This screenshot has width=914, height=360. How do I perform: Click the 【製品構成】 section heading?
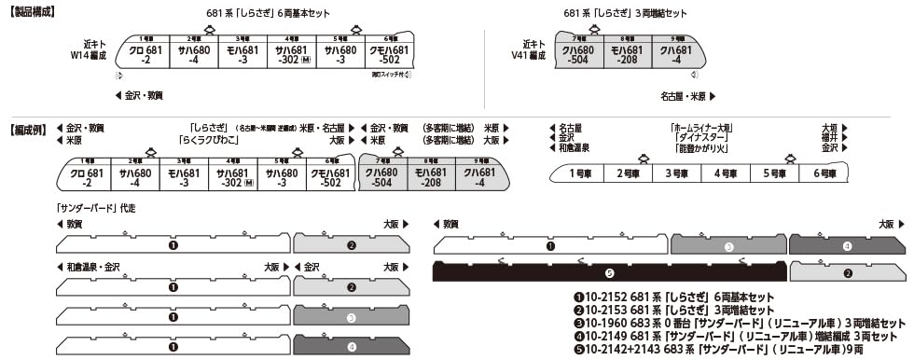pyautogui.click(x=32, y=12)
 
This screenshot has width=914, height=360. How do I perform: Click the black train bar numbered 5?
pyautogui.click(x=608, y=273)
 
